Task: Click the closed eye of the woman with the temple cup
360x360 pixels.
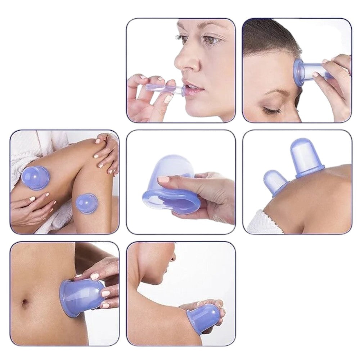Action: pyautogui.click(x=272, y=108)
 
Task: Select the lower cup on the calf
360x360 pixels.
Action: pyautogui.click(x=86, y=203)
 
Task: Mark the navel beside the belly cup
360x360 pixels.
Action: pyautogui.click(x=25, y=303)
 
